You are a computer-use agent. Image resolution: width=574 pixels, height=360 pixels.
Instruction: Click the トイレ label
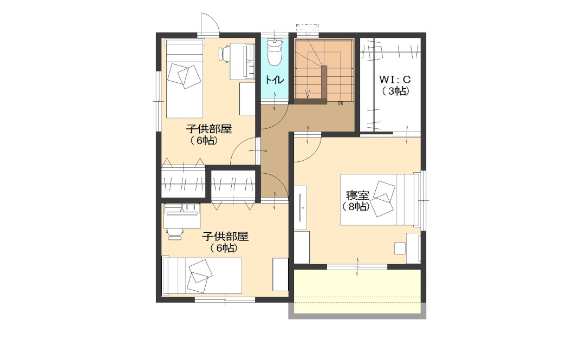point(274,80)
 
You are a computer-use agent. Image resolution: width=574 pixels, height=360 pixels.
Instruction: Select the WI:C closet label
point(395,80)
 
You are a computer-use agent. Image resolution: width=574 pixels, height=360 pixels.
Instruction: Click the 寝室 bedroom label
point(357,195)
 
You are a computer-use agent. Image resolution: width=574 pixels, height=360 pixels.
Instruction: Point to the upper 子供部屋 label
point(209,129)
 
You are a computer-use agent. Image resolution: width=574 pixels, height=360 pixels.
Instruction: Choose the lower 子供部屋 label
point(225,237)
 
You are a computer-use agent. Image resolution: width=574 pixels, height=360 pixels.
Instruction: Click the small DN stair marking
point(341,103)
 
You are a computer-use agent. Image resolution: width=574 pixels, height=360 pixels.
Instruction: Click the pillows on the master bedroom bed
point(382,199)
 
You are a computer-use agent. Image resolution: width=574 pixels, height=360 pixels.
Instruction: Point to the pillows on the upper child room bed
point(185,75)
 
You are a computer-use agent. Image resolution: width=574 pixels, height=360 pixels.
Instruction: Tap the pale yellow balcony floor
point(357,292)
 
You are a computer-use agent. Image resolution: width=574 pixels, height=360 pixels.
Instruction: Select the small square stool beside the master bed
point(400,248)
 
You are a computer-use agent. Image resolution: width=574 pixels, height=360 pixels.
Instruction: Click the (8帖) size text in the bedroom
point(356,207)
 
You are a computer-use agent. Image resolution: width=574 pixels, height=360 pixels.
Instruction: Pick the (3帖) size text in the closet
point(395,91)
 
